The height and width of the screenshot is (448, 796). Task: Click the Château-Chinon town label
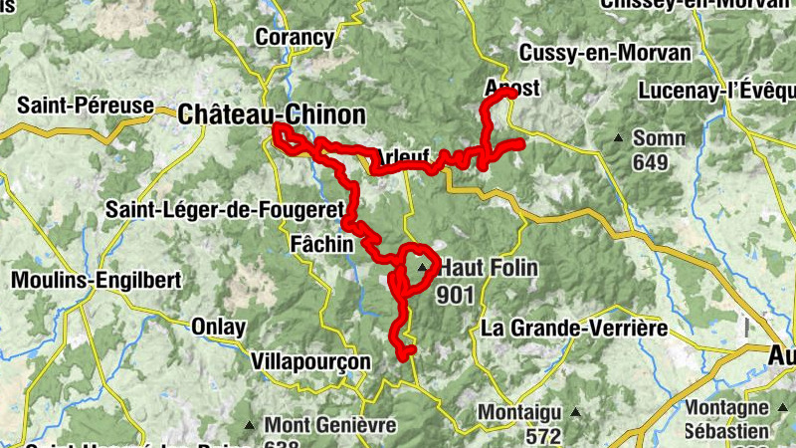[x=272, y=114]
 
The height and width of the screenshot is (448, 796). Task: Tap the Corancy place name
[x=294, y=38]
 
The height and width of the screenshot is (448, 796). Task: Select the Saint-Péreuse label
[x=86, y=105]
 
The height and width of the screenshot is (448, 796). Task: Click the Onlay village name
[x=217, y=326]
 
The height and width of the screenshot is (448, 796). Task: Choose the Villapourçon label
[x=310, y=360]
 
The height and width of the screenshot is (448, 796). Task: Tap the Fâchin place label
[x=319, y=243]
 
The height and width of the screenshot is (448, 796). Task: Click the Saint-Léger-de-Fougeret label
[x=225, y=210]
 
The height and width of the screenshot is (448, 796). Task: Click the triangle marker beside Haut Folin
[x=424, y=268]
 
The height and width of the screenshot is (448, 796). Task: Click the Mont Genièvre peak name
[x=329, y=425]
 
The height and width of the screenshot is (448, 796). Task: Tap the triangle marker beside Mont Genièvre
[x=250, y=425]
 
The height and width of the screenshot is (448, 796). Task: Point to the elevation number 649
[x=650, y=162]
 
